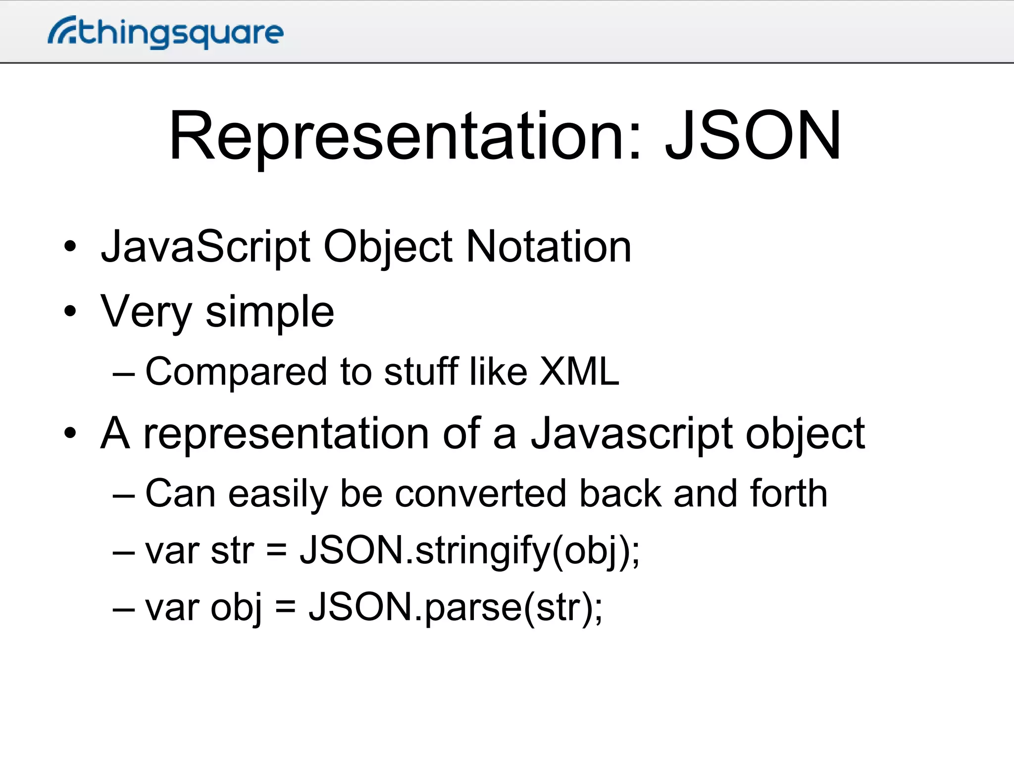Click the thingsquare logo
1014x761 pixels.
166,32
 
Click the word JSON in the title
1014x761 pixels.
753,136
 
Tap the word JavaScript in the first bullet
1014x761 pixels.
206,248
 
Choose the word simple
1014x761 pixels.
270,312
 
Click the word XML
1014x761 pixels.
579,371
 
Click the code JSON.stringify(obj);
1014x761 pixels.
469,551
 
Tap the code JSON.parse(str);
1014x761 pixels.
456,608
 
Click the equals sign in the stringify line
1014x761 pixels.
277,551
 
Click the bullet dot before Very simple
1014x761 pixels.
70,312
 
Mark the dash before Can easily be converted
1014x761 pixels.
123,495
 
